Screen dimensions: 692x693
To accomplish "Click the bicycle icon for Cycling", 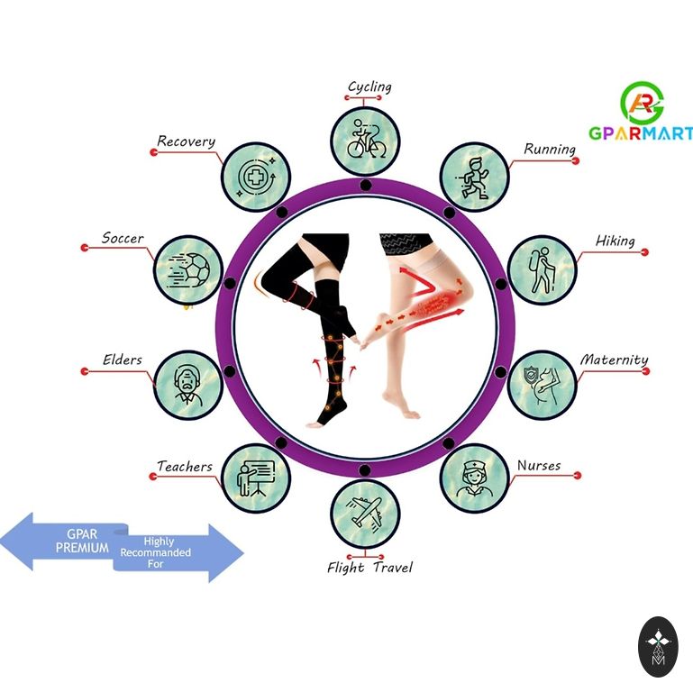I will [364, 141].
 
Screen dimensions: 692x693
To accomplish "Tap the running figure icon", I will [474, 176].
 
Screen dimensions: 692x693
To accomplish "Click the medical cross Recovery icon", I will [256, 175].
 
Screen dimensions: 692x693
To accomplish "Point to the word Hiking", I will [615, 241].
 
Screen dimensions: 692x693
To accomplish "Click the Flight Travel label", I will [369, 568].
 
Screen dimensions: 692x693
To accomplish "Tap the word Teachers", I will [185, 467].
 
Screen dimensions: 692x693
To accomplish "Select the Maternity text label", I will [614, 360].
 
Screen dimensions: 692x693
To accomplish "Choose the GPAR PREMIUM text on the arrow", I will [82, 542].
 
